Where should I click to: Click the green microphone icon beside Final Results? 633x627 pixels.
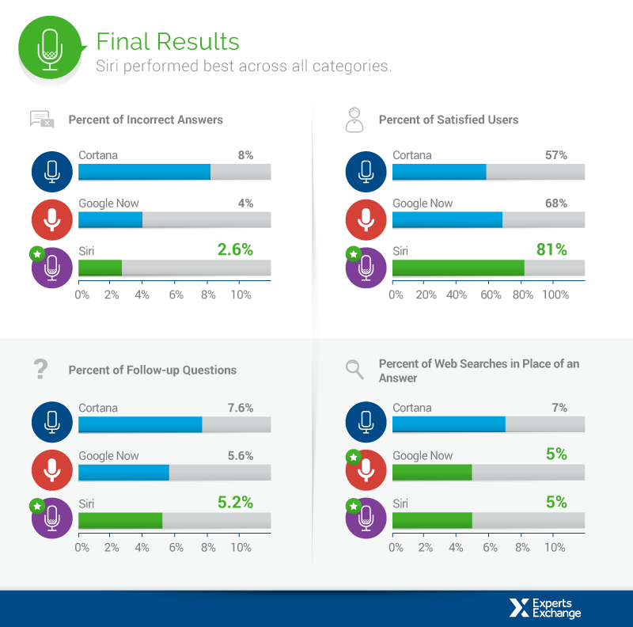point(50,49)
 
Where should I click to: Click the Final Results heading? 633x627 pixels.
point(167,41)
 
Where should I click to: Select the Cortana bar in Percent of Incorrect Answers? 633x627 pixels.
point(144,172)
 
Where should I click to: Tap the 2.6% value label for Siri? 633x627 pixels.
point(235,250)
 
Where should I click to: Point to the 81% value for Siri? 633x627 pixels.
point(552,250)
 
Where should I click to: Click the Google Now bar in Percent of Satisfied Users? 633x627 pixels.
point(447,220)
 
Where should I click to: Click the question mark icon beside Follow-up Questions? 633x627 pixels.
point(41,368)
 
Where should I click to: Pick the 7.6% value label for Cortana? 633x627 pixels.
point(240,408)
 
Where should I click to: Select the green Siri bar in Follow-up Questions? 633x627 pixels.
point(120,520)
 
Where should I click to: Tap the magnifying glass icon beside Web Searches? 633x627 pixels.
point(354,368)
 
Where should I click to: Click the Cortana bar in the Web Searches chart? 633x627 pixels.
point(449,424)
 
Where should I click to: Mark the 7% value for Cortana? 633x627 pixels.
point(559,408)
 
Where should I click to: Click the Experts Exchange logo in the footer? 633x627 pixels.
point(545,607)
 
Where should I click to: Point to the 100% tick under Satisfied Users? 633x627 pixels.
point(555,294)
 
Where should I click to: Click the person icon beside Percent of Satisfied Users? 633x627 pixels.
point(354,120)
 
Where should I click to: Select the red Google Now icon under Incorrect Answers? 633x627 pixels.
point(52,219)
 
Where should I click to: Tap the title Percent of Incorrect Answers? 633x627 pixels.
point(146,120)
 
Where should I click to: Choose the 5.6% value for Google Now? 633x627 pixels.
point(240,456)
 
